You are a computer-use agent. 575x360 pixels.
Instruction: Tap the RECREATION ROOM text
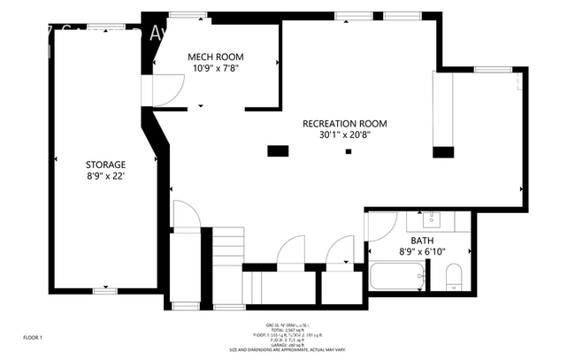(344, 124)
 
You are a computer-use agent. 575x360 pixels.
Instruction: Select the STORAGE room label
(105, 165)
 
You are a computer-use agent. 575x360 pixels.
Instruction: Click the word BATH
(422, 241)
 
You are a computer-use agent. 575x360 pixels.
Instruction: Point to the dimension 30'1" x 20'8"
(344, 135)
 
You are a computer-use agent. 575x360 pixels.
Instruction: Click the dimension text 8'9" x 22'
(105, 176)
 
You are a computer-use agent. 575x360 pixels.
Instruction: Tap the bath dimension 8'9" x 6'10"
(422, 252)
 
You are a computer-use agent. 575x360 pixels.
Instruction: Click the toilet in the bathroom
(452, 281)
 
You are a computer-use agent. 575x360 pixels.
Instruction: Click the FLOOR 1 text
(32, 337)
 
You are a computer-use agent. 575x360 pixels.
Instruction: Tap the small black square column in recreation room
(349, 152)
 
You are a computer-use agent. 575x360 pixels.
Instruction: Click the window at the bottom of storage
(105, 289)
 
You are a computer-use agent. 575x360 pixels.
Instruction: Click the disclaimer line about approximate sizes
(288, 349)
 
